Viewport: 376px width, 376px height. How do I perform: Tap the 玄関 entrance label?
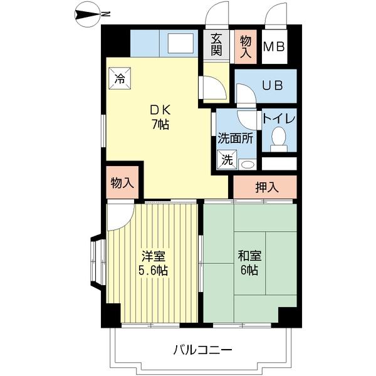click(x=216, y=44)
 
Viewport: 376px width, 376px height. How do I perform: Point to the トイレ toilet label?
click(x=279, y=118)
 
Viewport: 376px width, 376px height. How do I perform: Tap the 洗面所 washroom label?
click(x=235, y=138)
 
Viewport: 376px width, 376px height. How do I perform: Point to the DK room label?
click(x=158, y=109)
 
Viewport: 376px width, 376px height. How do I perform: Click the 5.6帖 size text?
click(x=153, y=271)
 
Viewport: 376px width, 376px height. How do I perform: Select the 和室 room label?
click(x=248, y=256)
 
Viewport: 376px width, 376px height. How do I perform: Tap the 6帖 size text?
click(x=248, y=271)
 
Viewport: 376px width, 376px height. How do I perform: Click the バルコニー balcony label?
click(x=202, y=349)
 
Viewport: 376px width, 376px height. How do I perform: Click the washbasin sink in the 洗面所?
click(x=246, y=164)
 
